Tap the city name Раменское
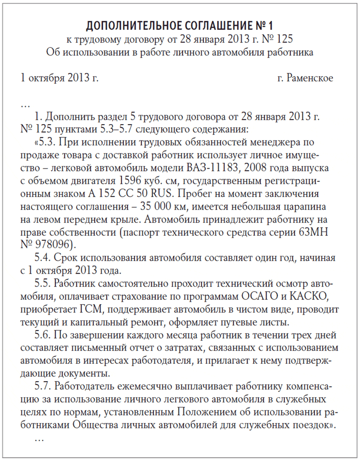pyautogui.click(x=310, y=78)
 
